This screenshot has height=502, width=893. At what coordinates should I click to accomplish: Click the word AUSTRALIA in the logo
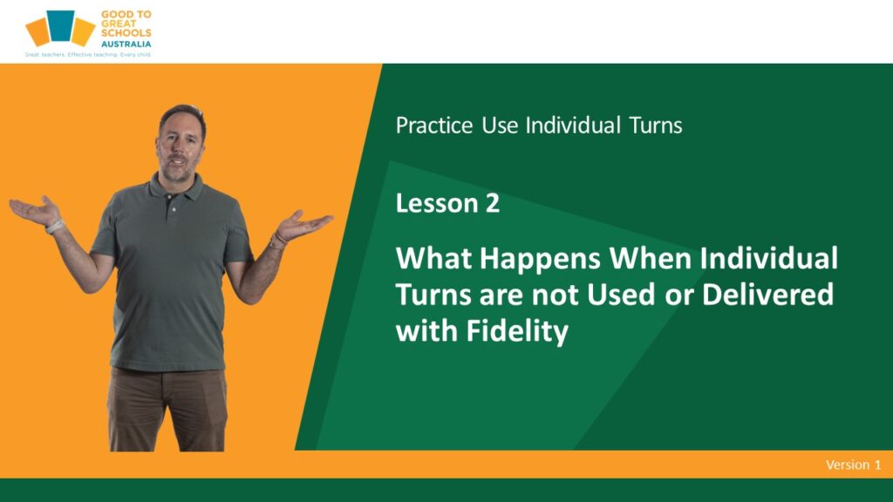[126, 44]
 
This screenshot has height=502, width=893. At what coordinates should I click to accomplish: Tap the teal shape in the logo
[60, 25]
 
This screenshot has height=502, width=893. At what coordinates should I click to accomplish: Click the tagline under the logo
[88, 55]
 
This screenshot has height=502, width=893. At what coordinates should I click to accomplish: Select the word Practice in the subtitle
[434, 125]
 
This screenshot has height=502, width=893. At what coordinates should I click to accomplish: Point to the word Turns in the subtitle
[656, 125]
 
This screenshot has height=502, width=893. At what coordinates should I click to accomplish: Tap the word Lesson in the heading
[437, 203]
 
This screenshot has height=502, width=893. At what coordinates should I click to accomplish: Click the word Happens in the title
[540, 260]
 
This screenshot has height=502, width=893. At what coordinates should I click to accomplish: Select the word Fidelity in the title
[517, 331]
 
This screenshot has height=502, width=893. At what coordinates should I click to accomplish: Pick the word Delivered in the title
[767, 295]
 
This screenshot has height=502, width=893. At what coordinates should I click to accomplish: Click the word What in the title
[434, 258]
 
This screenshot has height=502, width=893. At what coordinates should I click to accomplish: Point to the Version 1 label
[853, 465]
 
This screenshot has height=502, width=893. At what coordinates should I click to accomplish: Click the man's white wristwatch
[55, 227]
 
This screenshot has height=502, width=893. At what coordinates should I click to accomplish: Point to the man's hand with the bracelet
[303, 225]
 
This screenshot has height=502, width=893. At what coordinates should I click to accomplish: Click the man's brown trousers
[167, 409]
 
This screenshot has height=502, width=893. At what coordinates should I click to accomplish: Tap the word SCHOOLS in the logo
[126, 33]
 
